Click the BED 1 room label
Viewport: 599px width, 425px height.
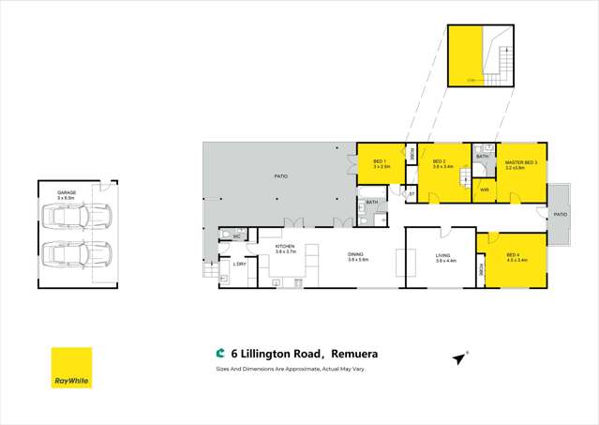(x=380, y=163)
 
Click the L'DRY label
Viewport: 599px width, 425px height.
(x=239, y=264)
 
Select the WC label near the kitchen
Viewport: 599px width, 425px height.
(x=238, y=235)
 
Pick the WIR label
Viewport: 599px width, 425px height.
(x=485, y=190)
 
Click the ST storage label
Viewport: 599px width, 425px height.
(x=412, y=193)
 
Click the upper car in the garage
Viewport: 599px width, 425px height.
(x=79, y=219)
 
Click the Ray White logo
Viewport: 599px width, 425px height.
(x=71, y=368)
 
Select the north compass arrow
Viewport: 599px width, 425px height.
(x=460, y=358)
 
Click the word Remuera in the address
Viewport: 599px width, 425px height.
(x=360, y=355)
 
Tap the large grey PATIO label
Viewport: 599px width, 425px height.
(x=279, y=175)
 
